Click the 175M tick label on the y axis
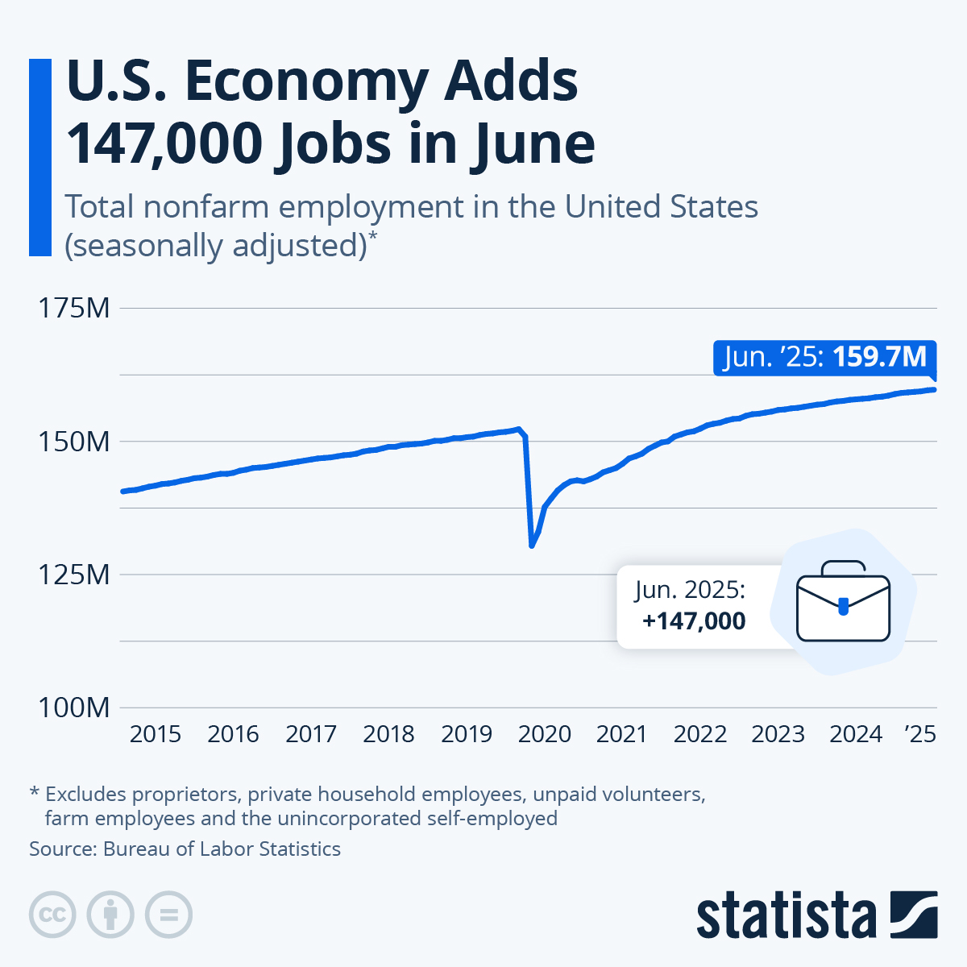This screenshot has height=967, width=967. tap(74, 308)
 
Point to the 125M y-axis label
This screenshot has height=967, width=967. tap(74, 575)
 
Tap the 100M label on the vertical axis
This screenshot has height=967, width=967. tap(74, 708)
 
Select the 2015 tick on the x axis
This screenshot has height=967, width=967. tap(156, 734)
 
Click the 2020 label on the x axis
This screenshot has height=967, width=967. tap(545, 734)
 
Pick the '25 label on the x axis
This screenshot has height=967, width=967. tap(920, 734)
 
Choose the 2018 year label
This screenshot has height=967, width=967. tap(388, 734)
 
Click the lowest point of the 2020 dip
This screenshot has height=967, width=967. tap(532, 546)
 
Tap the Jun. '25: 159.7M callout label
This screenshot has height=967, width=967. tap(824, 357)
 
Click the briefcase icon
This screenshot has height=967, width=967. tap(843, 601)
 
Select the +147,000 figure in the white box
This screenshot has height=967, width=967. tap(694, 620)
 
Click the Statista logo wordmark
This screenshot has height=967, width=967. tap(786, 915)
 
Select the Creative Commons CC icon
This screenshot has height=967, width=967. tap(52, 915)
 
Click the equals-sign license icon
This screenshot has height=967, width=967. tap(168, 915)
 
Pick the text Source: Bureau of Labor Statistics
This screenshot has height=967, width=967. tap(185, 849)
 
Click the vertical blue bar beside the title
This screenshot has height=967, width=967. tap(39, 157)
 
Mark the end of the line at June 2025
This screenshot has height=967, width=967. tap(935, 390)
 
